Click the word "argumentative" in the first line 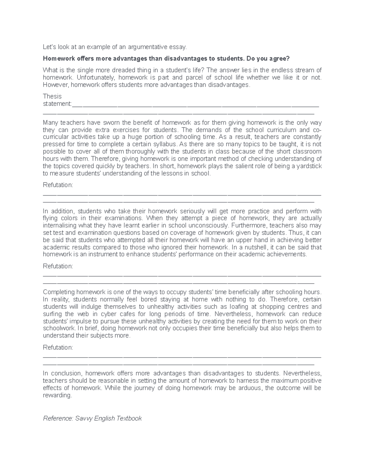[x=147, y=47]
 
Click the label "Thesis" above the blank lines [x=52, y=96]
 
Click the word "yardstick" [x=308, y=166]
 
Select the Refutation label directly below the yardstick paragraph [x=58, y=185]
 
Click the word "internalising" [x=60, y=226]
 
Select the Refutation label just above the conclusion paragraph [x=58, y=348]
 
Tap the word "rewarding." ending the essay [x=58, y=395]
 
